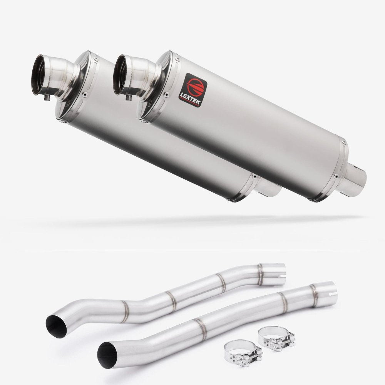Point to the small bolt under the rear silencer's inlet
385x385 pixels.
point(47,99)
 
